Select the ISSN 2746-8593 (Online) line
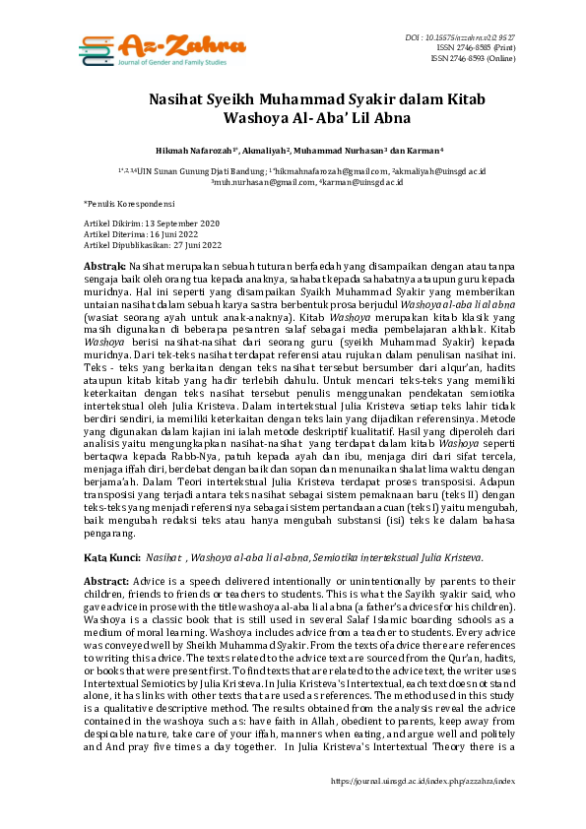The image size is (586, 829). pos(475,57)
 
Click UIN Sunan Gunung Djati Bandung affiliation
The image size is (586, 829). pos(182,170)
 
